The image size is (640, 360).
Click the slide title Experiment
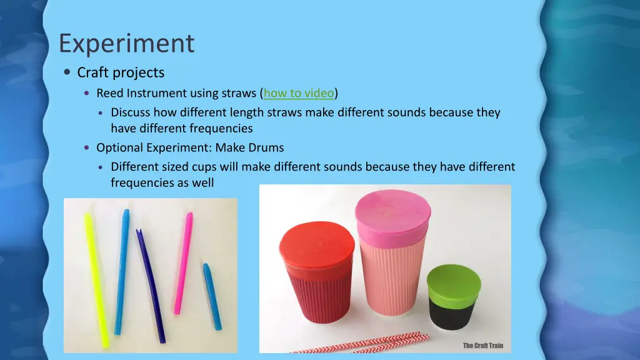tap(126, 44)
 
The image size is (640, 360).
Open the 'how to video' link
tap(299, 94)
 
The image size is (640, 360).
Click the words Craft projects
tap(121, 72)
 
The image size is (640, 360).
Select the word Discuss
tap(131, 113)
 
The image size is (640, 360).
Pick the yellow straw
tap(97, 279)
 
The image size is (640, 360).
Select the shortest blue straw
tap(212, 296)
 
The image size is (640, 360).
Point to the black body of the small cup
tap(452, 312)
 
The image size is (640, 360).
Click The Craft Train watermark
tap(482, 346)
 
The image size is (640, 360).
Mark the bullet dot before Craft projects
tap(67, 72)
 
